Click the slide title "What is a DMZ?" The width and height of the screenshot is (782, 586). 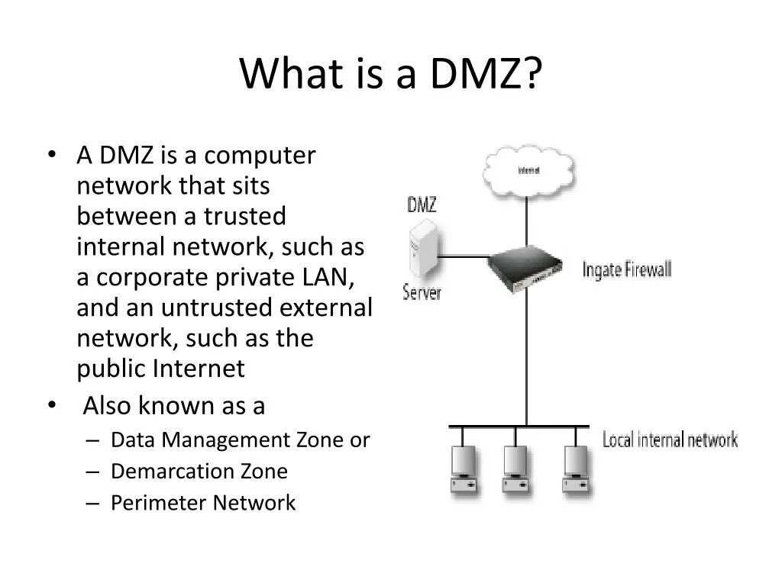click(x=391, y=74)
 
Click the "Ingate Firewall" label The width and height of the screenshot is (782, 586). click(x=626, y=269)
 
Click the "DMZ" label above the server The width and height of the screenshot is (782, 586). click(x=422, y=205)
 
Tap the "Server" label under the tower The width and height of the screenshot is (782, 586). click(x=422, y=292)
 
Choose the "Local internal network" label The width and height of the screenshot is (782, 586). click(x=670, y=439)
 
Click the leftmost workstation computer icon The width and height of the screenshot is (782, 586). click(x=464, y=468)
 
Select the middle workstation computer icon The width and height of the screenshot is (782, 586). click(x=515, y=468)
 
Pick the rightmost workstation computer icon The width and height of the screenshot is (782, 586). click(x=575, y=468)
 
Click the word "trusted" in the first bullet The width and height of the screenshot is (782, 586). click(x=244, y=217)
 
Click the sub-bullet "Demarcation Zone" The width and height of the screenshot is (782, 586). click(x=199, y=472)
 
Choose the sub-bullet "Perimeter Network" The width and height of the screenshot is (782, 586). click(x=202, y=503)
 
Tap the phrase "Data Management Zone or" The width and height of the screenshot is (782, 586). click(x=240, y=440)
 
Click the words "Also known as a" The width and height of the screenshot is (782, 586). click(x=173, y=406)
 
